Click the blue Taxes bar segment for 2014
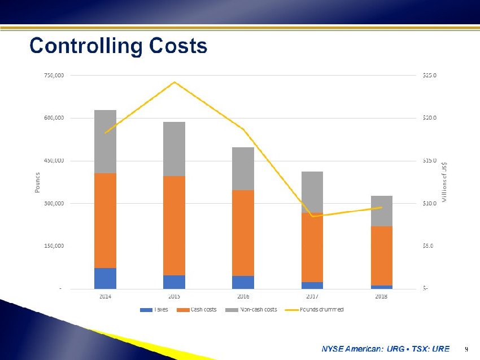(105, 278)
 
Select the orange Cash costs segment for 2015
(174, 225)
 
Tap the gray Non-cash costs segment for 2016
(243, 169)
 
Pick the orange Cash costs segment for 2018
(381, 256)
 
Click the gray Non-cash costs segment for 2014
(105, 142)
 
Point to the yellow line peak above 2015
(174, 82)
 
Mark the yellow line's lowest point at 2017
(312, 216)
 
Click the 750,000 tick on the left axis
(53, 75)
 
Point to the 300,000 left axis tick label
(53, 203)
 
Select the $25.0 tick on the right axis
(430, 75)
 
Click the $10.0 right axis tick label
(430, 203)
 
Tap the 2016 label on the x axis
(243, 296)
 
